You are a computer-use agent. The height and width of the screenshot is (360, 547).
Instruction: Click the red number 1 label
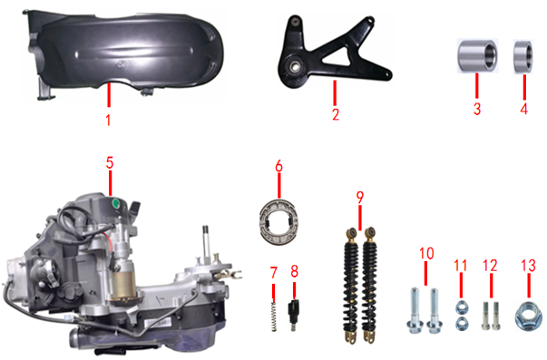pyautogui.click(x=108, y=120)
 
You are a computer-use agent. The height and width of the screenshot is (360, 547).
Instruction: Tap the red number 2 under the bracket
pyautogui.click(x=336, y=114)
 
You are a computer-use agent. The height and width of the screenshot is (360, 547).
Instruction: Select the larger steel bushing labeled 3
pyautogui.click(x=477, y=56)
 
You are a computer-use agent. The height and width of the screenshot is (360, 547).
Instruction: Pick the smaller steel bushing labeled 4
pyautogui.click(x=523, y=57)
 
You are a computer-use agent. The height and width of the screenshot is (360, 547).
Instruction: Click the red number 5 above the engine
pyautogui.click(x=110, y=162)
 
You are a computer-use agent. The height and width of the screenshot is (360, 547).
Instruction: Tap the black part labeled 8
pyautogui.click(x=293, y=315)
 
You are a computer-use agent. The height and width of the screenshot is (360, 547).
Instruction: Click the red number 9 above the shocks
pyautogui.click(x=360, y=198)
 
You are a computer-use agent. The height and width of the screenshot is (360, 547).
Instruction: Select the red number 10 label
pyautogui.click(x=426, y=254)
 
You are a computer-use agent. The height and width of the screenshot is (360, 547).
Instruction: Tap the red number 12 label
pyautogui.click(x=490, y=266)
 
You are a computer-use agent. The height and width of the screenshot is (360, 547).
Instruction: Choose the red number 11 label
pyautogui.click(x=461, y=266)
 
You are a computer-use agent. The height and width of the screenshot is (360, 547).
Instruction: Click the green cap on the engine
pyautogui.click(x=115, y=204)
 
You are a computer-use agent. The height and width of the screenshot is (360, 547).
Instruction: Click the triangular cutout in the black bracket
pyautogui.click(x=337, y=57)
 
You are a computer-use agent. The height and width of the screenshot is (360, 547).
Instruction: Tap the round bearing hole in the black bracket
pyautogui.click(x=293, y=65)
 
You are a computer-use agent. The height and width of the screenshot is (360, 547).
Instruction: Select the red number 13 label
pyautogui.click(x=528, y=266)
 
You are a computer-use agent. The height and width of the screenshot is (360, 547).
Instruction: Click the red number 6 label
pyautogui.click(x=278, y=166)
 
